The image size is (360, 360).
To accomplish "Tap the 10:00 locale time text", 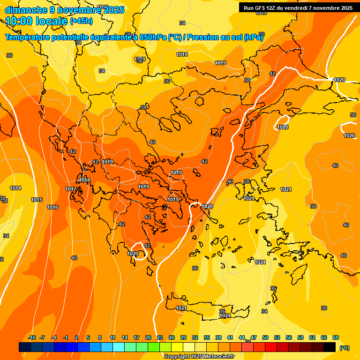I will pyautogui.click(x=37, y=21).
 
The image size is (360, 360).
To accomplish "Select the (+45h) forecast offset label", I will pyautogui.click(x=81, y=21).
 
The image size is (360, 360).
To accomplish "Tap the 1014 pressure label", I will pyautogui.click(x=15, y=188).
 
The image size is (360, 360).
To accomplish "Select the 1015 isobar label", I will pyautogui.click(x=37, y=200).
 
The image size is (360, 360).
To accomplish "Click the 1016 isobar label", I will pyautogui.click(x=52, y=207).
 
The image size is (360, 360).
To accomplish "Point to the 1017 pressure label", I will pyautogui.click(x=71, y=189).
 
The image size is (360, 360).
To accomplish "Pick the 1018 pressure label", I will pyautogui.click(x=84, y=180).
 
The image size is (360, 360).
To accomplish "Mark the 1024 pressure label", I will pyautogui.click(x=260, y=262).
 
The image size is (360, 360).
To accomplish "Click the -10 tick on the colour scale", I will pyautogui.click(x=32, y=337).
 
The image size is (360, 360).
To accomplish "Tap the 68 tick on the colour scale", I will pyautogui.click(x=336, y=337).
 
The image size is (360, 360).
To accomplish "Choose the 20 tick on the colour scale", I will pyautogui.click(x=148, y=337).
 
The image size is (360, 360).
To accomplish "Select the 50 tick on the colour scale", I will pyautogui.click(x=265, y=337).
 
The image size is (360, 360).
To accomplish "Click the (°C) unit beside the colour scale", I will pyautogui.click(x=345, y=347).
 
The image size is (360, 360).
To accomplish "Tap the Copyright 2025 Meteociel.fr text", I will pyautogui.click(x=199, y=356).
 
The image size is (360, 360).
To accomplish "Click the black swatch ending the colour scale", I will pyautogui.click(x=330, y=347).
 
